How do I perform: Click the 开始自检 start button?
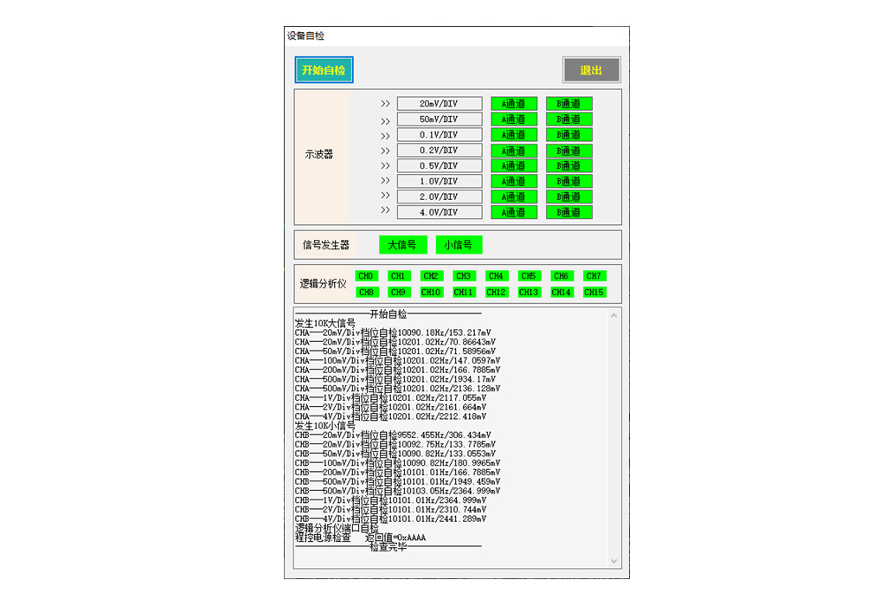click(x=324, y=70)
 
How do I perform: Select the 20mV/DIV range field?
click(x=440, y=104)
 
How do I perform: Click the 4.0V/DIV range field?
click(x=440, y=212)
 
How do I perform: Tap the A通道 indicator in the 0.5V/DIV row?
click(x=514, y=166)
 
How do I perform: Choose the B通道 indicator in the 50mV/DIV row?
click(x=568, y=119)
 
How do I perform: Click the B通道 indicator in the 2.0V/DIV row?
click(x=568, y=197)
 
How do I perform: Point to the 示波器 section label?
click(x=319, y=155)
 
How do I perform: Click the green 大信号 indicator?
click(x=402, y=245)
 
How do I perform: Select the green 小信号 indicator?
click(x=459, y=245)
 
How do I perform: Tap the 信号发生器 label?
click(x=325, y=245)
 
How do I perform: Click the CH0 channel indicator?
click(x=366, y=276)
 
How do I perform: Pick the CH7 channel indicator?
click(x=594, y=276)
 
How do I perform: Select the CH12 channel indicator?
click(x=496, y=293)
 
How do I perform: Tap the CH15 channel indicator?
click(x=594, y=293)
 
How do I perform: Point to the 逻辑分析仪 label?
click(x=323, y=284)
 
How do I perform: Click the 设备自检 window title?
click(x=305, y=36)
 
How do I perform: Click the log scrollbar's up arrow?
click(x=615, y=314)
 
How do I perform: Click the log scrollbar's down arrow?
click(x=615, y=561)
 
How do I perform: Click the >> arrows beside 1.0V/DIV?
click(x=385, y=181)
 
